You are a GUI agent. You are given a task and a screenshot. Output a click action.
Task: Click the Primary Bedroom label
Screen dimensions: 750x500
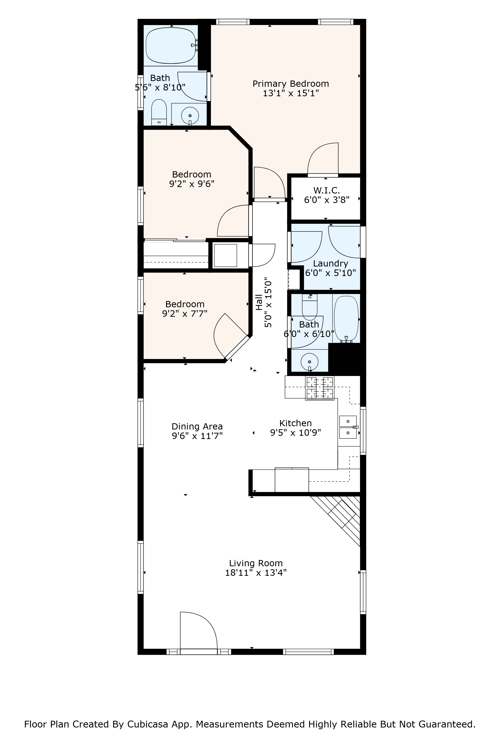click(290, 84)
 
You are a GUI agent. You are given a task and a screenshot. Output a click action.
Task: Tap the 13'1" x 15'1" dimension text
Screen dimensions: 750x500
click(290, 93)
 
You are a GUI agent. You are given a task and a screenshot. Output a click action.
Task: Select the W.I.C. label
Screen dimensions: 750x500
click(326, 190)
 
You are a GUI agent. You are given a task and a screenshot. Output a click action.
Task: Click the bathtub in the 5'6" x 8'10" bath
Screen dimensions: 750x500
click(170, 45)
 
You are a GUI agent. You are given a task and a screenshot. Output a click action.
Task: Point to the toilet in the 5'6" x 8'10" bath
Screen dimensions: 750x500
click(159, 112)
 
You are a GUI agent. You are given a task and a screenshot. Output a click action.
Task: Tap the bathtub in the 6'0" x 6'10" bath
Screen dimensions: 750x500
click(346, 319)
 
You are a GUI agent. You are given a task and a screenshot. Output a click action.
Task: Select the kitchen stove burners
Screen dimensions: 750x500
click(320, 388)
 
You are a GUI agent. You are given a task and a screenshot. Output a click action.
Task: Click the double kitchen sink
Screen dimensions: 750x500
click(348, 427)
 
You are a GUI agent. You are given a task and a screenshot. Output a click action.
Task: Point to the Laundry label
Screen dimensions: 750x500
click(330, 263)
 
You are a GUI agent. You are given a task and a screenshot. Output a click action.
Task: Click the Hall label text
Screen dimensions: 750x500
click(259, 302)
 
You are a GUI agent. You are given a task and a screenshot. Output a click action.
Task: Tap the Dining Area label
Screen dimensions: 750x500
click(197, 426)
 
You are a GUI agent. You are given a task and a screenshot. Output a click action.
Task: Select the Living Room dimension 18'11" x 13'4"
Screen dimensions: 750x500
click(256, 573)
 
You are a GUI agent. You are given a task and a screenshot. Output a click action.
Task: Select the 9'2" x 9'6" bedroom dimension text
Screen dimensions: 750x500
click(192, 184)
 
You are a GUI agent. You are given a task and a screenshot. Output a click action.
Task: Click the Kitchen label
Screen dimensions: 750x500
click(295, 423)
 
